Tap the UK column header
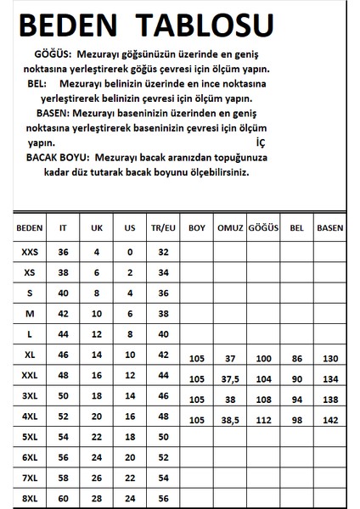[x=95, y=229]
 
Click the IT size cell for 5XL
[x=62, y=437]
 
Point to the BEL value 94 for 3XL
[x=295, y=400]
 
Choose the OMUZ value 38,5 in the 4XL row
[x=228, y=421]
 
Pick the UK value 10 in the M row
[x=95, y=313]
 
